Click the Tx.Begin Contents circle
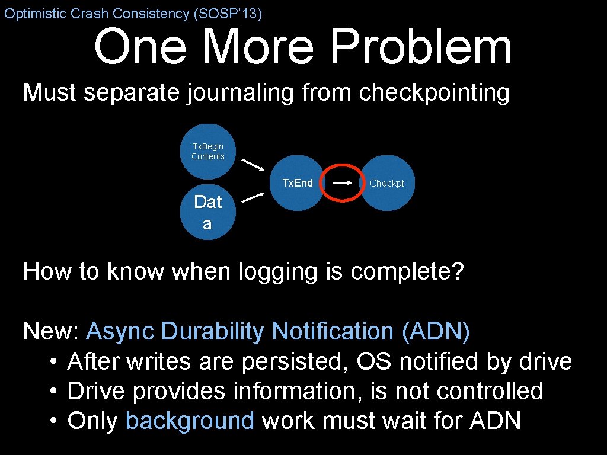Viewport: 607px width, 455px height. tap(208, 152)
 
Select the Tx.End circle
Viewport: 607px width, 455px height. tap(296, 183)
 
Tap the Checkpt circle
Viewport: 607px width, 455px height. tap(387, 183)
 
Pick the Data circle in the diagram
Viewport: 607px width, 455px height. tap(207, 212)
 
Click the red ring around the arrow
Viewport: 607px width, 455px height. tap(342, 166)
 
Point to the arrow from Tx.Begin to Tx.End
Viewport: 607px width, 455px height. tap(253, 164)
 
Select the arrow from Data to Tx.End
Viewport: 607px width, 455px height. tap(253, 197)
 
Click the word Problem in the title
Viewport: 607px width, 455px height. tap(421, 47)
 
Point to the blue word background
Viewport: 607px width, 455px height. tap(190, 421)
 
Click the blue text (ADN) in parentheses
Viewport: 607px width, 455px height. tap(436, 332)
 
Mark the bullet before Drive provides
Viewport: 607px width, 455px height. tap(53, 392)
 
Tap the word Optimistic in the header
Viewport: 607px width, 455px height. tap(35, 14)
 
